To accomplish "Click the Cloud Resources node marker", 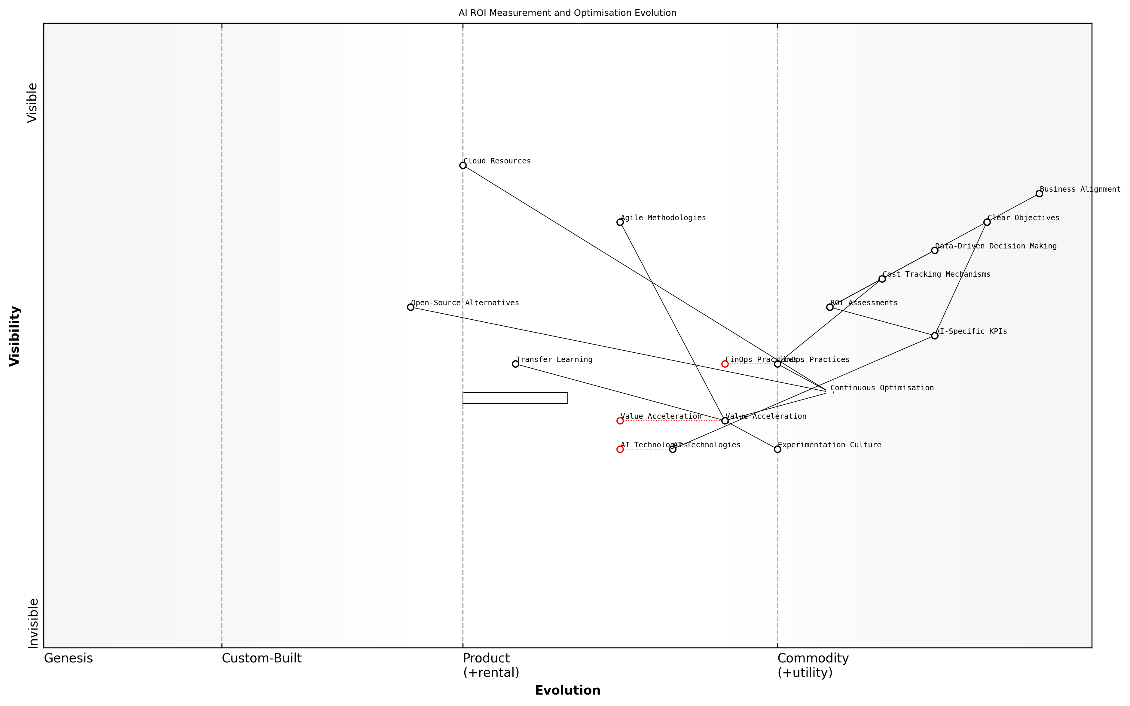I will pyautogui.click(x=463, y=165).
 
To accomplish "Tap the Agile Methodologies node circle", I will pyautogui.click(x=620, y=222).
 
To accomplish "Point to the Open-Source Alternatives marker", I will pyautogui.click(x=411, y=307).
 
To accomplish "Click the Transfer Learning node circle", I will pyautogui.click(x=515, y=364).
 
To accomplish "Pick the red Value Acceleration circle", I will pyautogui.click(x=620, y=421).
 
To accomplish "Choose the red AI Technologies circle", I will pyautogui.click(x=620, y=449).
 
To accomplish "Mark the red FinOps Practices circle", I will pyautogui.click(x=725, y=364).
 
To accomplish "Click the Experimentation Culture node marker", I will pyautogui.click(x=777, y=449).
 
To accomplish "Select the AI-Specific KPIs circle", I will pyautogui.click(x=934, y=336).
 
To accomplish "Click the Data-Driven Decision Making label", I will pyautogui.click(x=996, y=246).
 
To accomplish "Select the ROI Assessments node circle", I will pyautogui.click(x=830, y=307).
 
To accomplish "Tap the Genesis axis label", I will pyautogui.click(x=68, y=658).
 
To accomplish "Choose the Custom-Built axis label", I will pyautogui.click(x=261, y=658).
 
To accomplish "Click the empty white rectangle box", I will pyautogui.click(x=515, y=398).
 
